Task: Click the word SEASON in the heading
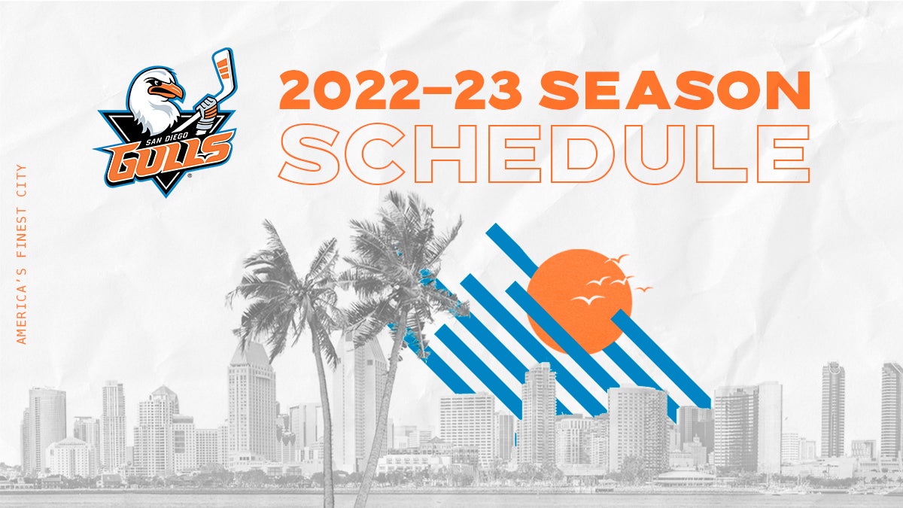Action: [x=675, y=90]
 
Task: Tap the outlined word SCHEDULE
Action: [x=544, y=154]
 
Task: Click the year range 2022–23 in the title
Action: [x=400, y=90]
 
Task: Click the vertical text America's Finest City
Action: [x=21, y=254]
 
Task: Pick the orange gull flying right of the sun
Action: [x=643, y=288]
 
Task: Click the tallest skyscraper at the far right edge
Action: [x=892, y=415]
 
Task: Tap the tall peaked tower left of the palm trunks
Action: [x=251, y=403]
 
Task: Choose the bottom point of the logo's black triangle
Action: [x=166, y=196]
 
